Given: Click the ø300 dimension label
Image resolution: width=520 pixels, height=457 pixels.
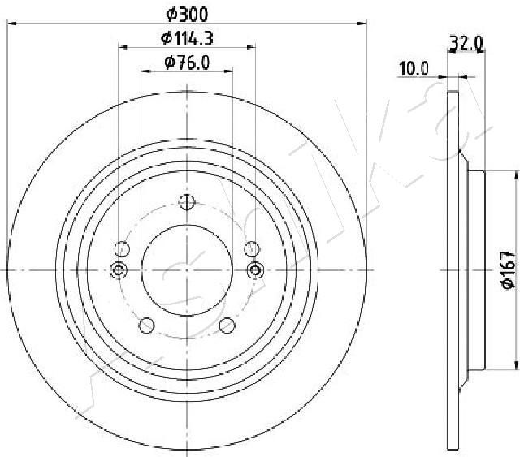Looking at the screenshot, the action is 187,14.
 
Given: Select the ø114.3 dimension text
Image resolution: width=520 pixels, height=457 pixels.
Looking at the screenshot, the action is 187,38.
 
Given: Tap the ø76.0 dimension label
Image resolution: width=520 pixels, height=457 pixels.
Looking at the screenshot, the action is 187,63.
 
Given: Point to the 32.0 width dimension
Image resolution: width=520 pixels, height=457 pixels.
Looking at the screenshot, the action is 466,43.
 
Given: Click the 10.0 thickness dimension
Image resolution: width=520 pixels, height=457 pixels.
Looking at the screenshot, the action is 414,69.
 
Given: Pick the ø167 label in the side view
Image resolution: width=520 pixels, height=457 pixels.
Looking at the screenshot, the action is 509,269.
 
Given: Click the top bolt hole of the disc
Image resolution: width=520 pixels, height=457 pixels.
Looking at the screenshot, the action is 187,202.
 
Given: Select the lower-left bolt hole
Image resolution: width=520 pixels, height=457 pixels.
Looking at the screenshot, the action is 146,326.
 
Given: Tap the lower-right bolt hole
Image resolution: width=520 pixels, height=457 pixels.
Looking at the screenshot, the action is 227,326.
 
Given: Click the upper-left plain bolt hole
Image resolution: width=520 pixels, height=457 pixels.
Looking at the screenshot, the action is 122,249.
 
